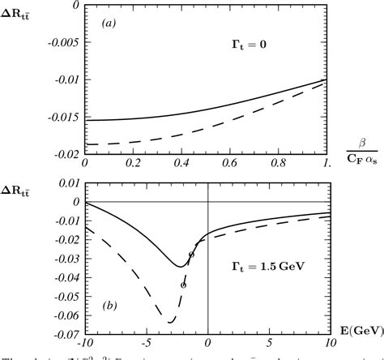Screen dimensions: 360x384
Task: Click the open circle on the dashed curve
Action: click(x=184, y=285)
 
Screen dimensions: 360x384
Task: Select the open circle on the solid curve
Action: click(x=192, y=255)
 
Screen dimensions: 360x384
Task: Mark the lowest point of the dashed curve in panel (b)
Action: click(x=170, y=322)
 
